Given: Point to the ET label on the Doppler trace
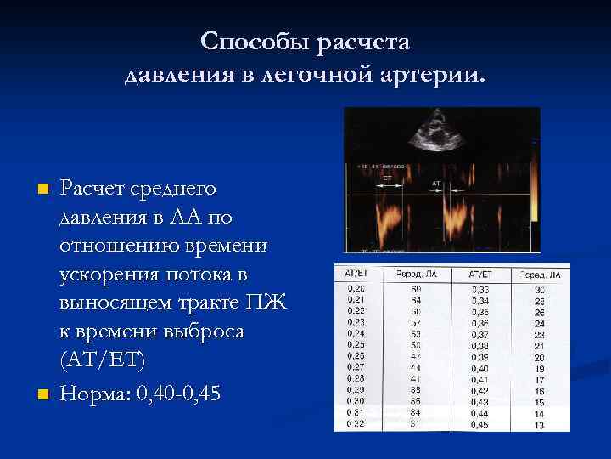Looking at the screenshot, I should pos(387,179).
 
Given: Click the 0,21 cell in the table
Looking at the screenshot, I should pos(356,300).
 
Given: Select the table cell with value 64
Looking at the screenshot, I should pos(417,300).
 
